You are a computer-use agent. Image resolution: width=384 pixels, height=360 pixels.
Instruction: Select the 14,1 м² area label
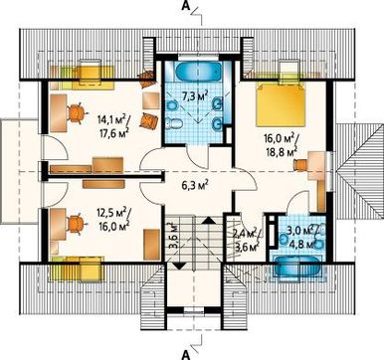111,118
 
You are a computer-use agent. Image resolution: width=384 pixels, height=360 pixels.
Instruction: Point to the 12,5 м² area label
112,212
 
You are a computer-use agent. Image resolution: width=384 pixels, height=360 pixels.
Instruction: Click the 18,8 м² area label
281,151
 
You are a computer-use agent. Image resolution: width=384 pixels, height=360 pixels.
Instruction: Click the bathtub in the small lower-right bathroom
297,266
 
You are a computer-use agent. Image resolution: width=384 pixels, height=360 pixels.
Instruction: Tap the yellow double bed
281,104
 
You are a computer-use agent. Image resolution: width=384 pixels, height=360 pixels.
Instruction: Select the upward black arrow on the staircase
208,220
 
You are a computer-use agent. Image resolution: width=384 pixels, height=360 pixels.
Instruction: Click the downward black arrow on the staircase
179,266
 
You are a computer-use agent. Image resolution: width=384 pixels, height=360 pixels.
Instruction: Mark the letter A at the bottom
186,355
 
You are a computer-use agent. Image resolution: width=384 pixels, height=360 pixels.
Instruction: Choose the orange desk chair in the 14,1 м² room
77,113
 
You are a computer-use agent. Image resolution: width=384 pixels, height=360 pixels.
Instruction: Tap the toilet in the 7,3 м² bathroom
173,122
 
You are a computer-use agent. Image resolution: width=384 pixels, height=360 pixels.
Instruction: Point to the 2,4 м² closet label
246,234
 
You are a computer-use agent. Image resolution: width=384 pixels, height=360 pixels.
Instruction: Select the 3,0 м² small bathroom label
300,231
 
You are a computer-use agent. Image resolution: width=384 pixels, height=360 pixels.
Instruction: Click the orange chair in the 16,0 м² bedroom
300,165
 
